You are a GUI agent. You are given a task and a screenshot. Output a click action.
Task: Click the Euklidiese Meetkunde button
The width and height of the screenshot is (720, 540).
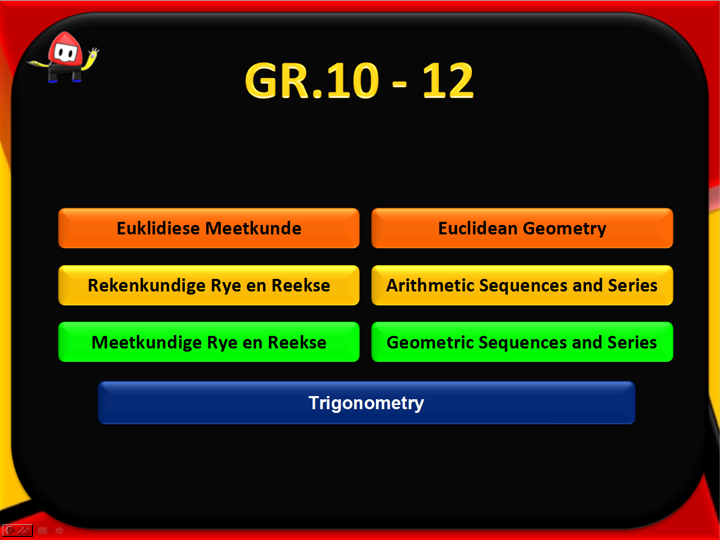[x=208, y=228]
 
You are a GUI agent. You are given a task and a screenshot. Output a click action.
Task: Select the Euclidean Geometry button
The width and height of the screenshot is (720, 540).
[x=522, y=228]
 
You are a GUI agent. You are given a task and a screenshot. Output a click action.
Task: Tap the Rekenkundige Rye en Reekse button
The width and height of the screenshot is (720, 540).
[x=208, y=285]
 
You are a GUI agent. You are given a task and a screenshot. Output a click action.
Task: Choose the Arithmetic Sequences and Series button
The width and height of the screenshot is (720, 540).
[x=522, y=285]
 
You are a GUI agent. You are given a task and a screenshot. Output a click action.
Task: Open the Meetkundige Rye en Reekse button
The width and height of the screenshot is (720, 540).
[x=208, y=342]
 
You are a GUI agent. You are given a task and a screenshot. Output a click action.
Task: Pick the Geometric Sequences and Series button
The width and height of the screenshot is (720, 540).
[x=522, y=342]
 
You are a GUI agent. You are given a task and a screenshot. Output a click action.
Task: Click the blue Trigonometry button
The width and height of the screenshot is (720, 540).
[x=367, y=402]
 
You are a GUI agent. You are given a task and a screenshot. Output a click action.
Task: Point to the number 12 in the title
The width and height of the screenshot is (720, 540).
[x=448, y=81]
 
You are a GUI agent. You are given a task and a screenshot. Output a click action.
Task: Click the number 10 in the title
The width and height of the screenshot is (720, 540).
[x=353, y=81]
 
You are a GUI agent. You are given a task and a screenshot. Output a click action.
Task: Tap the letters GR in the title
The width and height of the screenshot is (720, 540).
[x=277, y=81]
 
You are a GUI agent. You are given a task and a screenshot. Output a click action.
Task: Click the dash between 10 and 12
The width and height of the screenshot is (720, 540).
[x=399, y=85]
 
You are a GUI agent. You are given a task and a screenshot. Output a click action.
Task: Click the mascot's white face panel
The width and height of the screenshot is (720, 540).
[x=65, y=52]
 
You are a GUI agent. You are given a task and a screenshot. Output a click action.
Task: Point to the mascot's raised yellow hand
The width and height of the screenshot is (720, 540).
[x=94, y=53]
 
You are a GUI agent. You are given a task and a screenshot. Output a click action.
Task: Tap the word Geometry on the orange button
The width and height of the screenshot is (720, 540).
[x=564, y=229]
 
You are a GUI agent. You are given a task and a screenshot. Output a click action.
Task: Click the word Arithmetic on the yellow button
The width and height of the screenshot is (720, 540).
[x=430, y=285]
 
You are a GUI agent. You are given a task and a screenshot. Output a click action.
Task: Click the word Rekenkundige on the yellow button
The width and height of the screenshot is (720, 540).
[x=147, y=286]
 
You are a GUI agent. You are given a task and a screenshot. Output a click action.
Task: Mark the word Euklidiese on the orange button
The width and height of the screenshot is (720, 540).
[x=158, y=228]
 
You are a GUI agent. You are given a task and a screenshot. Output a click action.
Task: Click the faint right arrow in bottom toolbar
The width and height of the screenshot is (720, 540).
[x=59, y=531]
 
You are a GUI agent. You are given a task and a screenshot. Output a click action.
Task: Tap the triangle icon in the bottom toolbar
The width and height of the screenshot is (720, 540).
[x=24, y=531]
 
